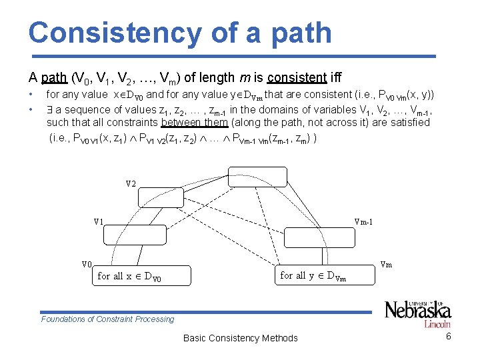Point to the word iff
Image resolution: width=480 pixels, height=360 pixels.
point(334,77)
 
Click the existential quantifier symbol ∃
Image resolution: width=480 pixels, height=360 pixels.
point(50,110)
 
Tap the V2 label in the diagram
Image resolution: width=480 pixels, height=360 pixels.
point(131,183)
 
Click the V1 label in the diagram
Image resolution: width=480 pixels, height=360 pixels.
point(99,221)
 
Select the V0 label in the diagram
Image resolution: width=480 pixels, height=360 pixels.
point(87,264)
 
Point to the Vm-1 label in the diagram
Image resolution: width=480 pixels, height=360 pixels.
point(363,221)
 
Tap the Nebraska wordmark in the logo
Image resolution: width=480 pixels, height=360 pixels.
point(417,310)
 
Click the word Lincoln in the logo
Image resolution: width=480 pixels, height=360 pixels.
point(437,324)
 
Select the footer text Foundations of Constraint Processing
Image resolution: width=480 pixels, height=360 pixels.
point(107,319)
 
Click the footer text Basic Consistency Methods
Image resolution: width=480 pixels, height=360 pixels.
point(240,338)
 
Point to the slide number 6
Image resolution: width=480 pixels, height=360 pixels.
point(449,336)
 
